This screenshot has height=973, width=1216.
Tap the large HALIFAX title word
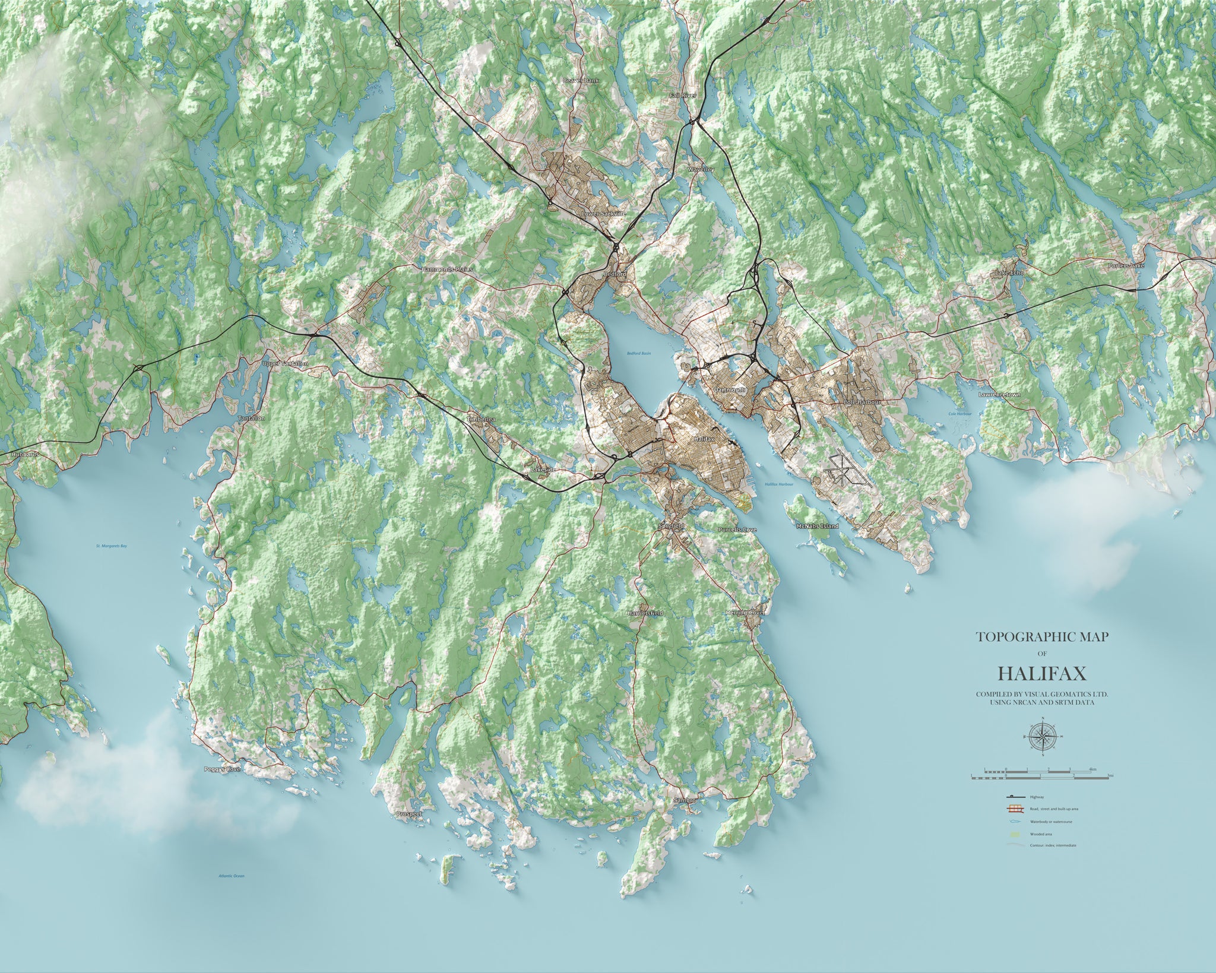click(1042, 673)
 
